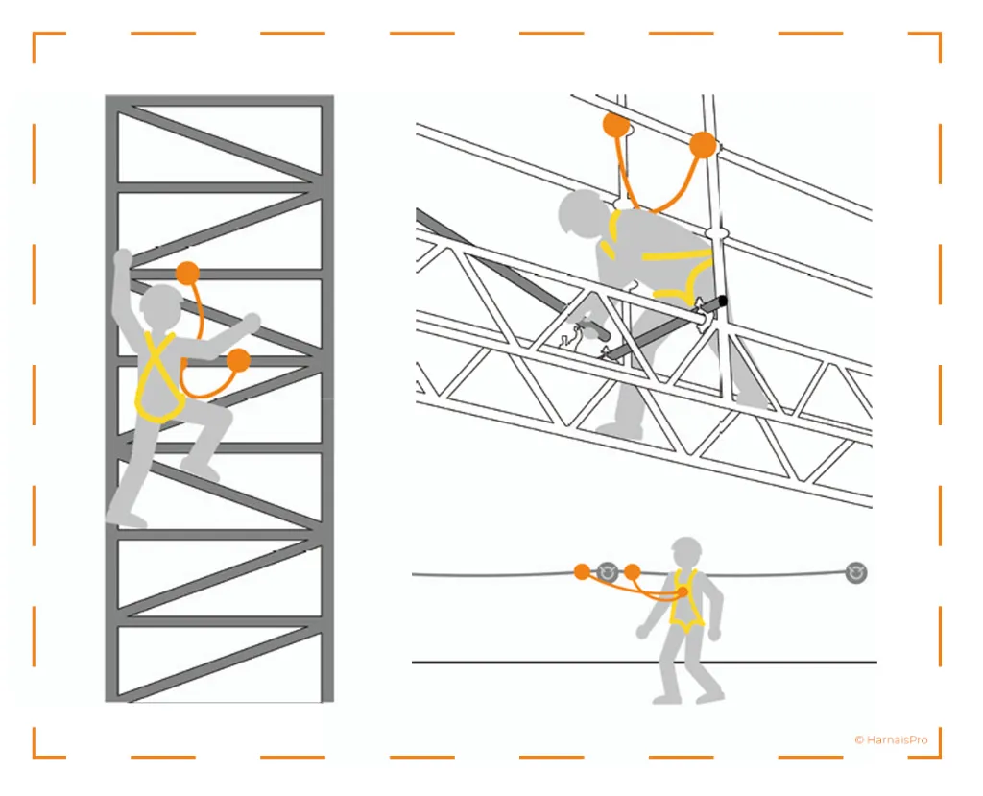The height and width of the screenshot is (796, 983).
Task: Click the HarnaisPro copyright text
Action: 891,740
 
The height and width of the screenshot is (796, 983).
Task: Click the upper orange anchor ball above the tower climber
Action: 187,274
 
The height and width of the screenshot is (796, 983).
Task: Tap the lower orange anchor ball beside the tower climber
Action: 238,361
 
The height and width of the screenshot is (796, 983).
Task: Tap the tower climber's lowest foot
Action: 126,518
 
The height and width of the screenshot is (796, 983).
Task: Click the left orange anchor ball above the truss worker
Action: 616,125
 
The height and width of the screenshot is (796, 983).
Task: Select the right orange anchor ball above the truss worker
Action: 703,145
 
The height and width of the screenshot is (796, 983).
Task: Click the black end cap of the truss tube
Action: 723,302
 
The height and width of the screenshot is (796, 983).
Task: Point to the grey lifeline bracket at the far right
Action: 855,572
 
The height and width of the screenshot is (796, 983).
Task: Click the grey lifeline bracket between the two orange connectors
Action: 607,572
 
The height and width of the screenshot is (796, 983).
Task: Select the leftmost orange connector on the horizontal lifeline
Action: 583,571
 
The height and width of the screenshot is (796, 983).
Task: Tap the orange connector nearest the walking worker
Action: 632,571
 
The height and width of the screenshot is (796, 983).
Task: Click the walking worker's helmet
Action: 685,548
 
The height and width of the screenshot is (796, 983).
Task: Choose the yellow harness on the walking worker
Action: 686,599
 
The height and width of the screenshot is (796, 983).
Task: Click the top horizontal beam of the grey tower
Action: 220,101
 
